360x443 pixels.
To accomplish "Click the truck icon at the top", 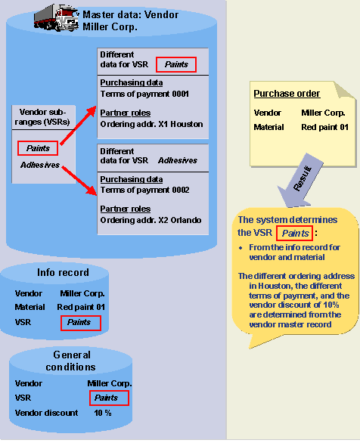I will pyautogui.click(x=57, y=17).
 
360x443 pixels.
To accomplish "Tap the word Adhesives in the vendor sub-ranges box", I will pyautogui.click(x=40, y=165).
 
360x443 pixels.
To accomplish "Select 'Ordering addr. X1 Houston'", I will pyautogui.click(x=151, y=124).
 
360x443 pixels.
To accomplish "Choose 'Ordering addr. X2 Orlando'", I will pyautogui.click(x=151, y=220).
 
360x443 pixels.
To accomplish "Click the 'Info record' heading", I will pyautogui.click(x=63, y=272).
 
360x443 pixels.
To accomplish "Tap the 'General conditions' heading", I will pyautogui.click(x=73, y=361).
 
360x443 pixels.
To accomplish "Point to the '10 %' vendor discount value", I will pyautogui.click(x=103, y=413).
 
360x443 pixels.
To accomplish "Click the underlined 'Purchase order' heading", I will pyautogui.click(x=287, y=94).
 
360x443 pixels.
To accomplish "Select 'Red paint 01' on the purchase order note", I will pyautogui.click(x=324, y=127).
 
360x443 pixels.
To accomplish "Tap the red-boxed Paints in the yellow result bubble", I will pyautogui.click(x=294, y=233).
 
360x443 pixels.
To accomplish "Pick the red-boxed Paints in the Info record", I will pyautogui.click(x=79, y=322).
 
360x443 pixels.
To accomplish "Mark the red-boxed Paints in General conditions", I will pyautogui.click(x=107, y=398).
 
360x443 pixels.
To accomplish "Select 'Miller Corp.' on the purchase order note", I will pyautogui.click(x=324, y=113).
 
